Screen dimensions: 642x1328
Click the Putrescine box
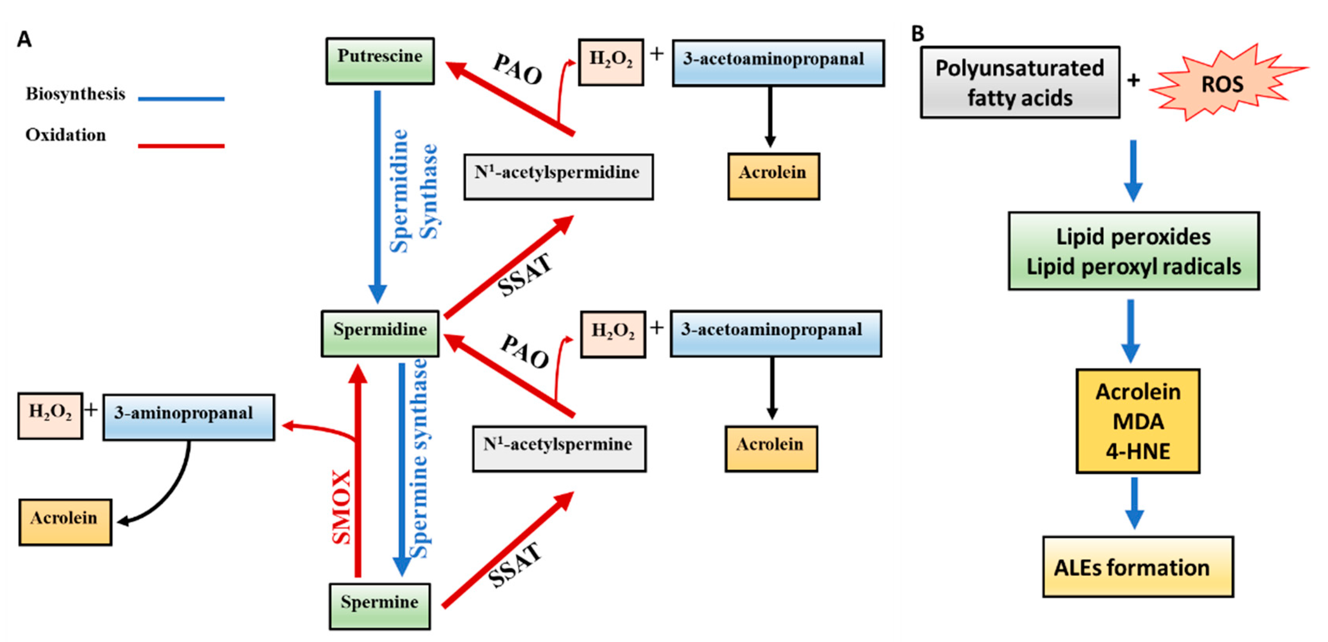pos(380,61)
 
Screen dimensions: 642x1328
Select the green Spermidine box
pos(380,333)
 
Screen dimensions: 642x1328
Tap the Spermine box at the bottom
pos(380,606)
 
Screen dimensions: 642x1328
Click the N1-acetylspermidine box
pos(558,176)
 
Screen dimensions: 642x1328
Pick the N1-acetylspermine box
pos(559,448)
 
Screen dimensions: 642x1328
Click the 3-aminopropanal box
pos(189,417)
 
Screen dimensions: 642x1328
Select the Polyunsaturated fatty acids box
pos(1020,83)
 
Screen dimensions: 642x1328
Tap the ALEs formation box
pos(1137,567)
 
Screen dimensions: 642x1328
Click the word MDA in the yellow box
pos(1138,422)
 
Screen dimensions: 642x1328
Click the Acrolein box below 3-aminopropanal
pos(65,522)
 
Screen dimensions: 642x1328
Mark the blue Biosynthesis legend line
pos(181,98)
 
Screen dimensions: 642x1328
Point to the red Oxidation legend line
pos(181,146)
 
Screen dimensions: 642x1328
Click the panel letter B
pos(918,34)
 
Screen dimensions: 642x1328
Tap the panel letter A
pos(24,39)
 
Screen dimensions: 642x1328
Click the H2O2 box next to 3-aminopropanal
pos(50,416)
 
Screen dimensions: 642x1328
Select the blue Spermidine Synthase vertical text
pos(414,191)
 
